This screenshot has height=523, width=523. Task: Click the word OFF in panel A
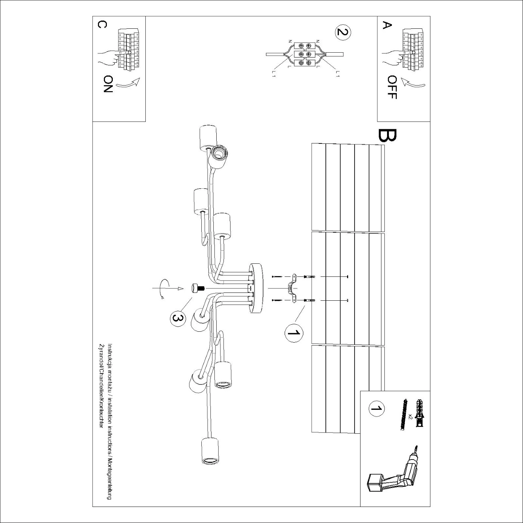tap(392, 87)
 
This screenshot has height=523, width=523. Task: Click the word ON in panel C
tap(108, 84)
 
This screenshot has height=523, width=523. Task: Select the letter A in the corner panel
tap(387, 25)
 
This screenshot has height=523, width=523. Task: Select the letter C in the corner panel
tap(102, 25)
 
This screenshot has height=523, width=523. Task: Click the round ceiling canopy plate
tap(257, 288)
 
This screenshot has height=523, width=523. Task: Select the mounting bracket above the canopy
tap(292, 288)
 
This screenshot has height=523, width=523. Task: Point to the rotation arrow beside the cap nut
tap(162, 288)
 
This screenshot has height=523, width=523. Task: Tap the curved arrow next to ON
tap(128, 84)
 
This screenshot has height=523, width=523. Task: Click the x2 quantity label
tap(410, 417)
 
